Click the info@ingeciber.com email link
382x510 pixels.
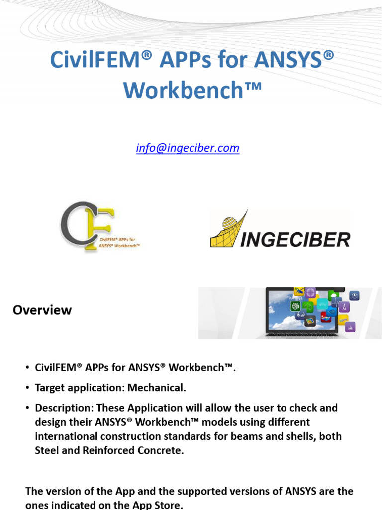pyautogui.click(x=188, y=148)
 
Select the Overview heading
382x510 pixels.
pyautogui.click(x=42, y=310)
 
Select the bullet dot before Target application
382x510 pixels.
pyautogui.click(x=27, y=387)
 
